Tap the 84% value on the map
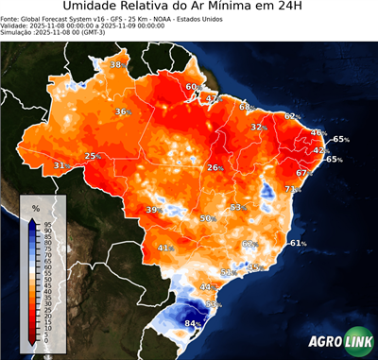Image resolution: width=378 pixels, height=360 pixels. click(192, 323)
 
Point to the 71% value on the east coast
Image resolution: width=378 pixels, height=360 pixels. click(292, 189)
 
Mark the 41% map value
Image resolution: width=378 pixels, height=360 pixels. click(165, 248)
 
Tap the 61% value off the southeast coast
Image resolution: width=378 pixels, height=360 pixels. click(298, 243)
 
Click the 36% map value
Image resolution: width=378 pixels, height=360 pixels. click(122, 111)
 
